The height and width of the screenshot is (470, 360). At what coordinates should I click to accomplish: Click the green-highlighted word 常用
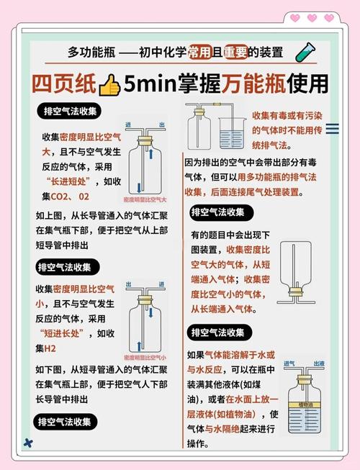(x=199, y=52)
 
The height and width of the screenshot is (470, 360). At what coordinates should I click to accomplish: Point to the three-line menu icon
(x=333, y=129)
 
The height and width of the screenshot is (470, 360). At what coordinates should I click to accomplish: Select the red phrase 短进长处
(x=68, y=333)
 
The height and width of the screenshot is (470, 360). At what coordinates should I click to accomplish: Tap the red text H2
(x=50, y=348)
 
